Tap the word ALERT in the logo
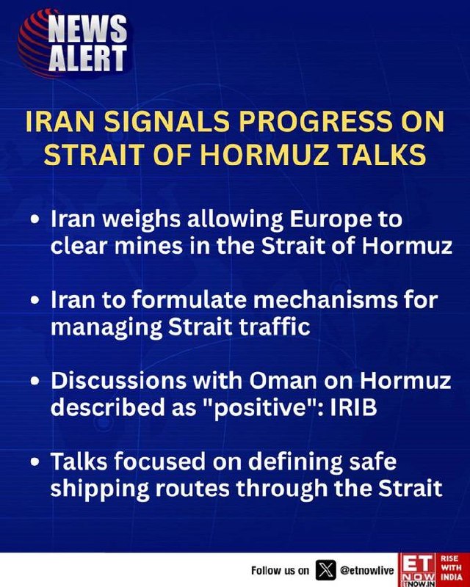87,57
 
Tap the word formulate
190,299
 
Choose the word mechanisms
329,299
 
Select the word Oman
283,381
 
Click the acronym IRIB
353,406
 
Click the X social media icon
325,571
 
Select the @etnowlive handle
367,571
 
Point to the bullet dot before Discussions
35,381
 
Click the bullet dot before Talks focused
35,462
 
